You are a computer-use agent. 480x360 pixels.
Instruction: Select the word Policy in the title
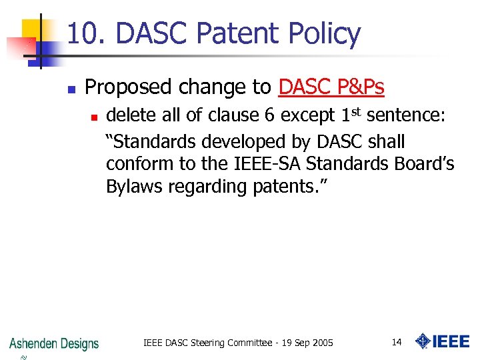[x=323, y=33]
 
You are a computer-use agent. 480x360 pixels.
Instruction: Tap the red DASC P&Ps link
[x=331, y=87]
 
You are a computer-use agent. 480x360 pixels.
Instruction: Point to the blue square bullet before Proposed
[x=71, y=88]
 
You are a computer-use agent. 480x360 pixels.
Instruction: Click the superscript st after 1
[x=356, y=111]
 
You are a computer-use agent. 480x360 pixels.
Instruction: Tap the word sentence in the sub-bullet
[x=406, y=116]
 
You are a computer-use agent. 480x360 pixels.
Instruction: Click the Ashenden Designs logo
[x=54, y=343]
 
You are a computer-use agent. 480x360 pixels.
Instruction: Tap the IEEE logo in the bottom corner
[x=442, y=342]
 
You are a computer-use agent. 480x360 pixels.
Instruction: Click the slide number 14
[x=396, y=343]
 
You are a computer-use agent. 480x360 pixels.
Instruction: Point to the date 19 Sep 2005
[x=306, y=343]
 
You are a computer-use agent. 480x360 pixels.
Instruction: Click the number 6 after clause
[x=269, y=116]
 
